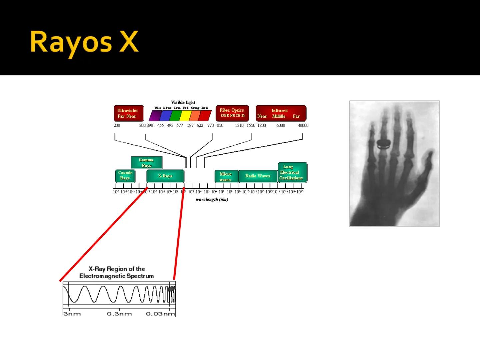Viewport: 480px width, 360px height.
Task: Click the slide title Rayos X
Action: coord(84,43)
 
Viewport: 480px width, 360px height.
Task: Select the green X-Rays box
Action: coord(165,176)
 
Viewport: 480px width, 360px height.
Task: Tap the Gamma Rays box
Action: coord(146,163)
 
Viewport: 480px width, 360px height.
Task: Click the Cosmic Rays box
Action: coord(125,176)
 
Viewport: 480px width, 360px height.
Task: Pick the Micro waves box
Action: coord(226,177)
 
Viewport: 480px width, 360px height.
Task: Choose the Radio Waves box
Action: coord(258,176)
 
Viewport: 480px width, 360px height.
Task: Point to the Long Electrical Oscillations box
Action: coord(292,172)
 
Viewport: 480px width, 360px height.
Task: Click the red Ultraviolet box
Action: coord(128,113)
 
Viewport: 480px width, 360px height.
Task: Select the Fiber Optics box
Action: coord(232,113)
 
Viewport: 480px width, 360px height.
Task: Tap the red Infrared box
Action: coord(280,113)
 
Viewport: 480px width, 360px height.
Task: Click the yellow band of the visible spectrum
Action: coord(185,116)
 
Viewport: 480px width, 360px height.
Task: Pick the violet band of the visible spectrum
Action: coord(155,116)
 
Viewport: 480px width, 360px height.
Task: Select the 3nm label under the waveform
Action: coord(72,314)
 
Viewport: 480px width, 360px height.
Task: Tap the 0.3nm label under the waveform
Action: coord(119,314)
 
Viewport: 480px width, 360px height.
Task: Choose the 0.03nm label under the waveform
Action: coord(160,314)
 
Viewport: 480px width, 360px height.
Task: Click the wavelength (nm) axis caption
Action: coord(212,199)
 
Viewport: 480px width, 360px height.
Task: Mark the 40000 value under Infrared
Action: coord(303,126)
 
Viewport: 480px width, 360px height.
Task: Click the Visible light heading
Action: coord(183,102)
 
